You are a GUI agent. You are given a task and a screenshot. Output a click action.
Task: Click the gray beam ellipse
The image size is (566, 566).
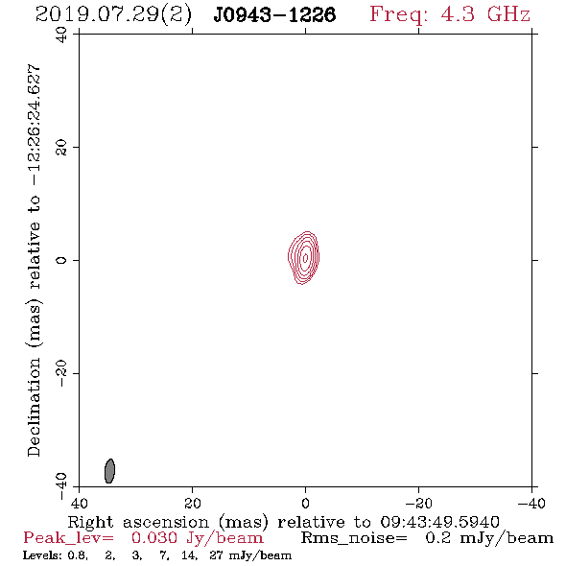(x=109, y=471)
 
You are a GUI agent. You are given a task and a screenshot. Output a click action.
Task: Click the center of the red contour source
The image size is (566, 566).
(x=305, y=257)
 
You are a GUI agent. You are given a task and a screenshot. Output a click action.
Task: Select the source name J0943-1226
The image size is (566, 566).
(x=274, y=15)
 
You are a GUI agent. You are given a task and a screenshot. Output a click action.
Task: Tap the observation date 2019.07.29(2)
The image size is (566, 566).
(x=113, y=15)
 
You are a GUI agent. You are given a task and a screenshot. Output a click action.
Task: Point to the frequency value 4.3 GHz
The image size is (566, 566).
(x=485, y=14)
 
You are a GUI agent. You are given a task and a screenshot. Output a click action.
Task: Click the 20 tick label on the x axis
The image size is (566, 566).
(x=193, y=503)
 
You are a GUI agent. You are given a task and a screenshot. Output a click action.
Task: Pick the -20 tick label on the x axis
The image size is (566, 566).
(x=418, y=503)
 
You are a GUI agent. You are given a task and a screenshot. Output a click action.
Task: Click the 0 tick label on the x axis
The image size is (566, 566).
(x=305, y=503)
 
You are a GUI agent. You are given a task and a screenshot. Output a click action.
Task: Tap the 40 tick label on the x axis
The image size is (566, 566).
(x=79, y=503)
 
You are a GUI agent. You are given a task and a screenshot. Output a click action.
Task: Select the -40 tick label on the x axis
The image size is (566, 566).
(x=531, y=503)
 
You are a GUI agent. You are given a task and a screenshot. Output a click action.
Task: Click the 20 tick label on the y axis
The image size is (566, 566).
(x=61, y=148)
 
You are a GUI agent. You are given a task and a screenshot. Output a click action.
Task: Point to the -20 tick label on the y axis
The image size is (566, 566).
(x=61, y=373)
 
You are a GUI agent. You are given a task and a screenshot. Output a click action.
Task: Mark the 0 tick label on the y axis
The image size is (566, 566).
(x=61, y=260)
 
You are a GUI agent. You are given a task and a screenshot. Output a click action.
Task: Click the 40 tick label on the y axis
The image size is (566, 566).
(x=61, y=35)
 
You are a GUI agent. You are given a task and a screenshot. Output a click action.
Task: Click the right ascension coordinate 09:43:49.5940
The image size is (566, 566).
(x=439, y=522)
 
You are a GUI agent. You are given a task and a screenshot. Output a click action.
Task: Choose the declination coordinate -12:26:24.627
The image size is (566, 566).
(x=34, y=126)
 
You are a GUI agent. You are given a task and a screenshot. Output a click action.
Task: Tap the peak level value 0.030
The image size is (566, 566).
(x=154, y=538)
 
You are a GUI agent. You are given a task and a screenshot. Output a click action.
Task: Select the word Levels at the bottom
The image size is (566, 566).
(x=39, y=555)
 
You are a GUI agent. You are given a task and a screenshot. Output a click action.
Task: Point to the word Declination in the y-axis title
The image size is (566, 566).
(x=34, y=407)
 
